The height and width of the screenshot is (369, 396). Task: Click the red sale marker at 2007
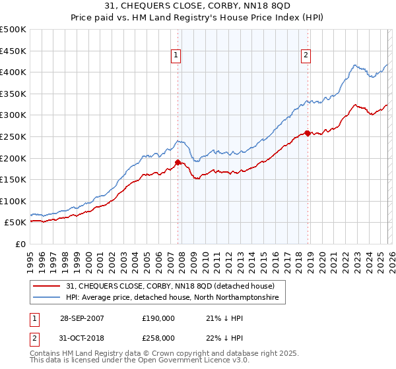(178, 162)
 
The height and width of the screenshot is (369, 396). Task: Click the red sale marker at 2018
(307, 133)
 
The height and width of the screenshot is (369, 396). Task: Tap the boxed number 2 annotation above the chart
(306, 56)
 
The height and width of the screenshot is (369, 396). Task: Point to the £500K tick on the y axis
(13, 30)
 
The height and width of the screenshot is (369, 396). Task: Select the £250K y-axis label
(13, 136)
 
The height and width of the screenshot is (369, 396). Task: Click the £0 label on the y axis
(20, 244)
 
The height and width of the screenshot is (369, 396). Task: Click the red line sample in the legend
(48, 286)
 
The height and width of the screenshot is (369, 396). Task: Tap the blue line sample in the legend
(48, 298)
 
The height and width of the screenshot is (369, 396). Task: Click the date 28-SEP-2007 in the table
(82, 318)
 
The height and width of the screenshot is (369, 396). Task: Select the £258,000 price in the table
(158, 338)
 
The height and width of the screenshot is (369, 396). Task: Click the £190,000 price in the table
(158, 318)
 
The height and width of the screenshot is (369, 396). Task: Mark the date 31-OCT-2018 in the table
(82, 338)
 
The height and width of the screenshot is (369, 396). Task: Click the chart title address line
(198, 7)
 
